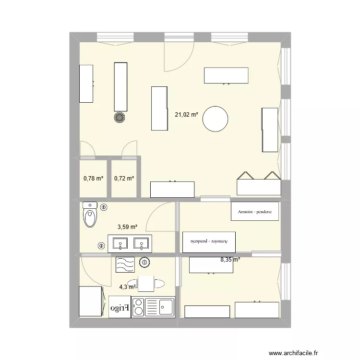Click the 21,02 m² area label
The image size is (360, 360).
(x=187, y=114)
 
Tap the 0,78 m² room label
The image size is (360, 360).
(x=93, y=179)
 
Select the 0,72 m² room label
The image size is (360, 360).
(x=124, y=179)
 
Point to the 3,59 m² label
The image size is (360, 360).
(x=128, y=228)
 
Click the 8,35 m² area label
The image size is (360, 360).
(x=230, y=260)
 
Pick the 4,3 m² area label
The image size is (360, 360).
(x=128, y=287)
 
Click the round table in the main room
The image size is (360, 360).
(x=215, y=119)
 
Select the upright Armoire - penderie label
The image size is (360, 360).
(x=254, y=211)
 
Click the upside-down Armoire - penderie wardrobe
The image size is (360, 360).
(x=210, y=241)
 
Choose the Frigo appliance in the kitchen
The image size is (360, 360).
(x=120, y=307)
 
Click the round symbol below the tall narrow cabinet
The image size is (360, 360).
(x=120, y=117)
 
